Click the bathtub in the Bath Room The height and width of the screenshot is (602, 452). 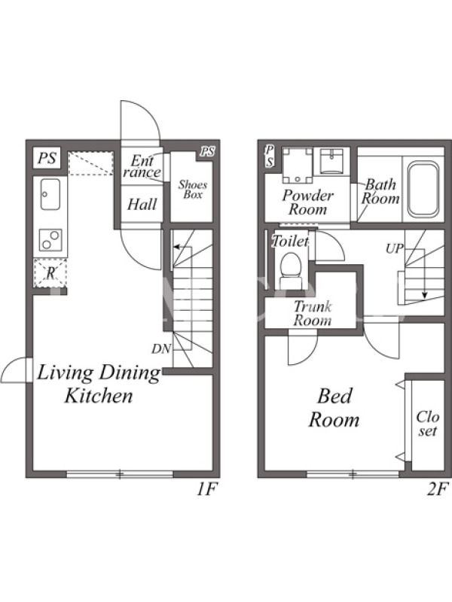(x=423, y=190)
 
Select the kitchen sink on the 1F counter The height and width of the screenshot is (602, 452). (x=50, y=194)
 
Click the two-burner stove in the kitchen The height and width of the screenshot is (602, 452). (x=50, y=240)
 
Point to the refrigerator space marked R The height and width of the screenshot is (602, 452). (x=50, y=273)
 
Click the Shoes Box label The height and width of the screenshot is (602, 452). (x=193, y=190)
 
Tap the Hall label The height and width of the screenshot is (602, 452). (x=142, y=204)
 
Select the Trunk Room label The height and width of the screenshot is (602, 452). (x=313, y=313)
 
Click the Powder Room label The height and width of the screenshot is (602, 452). (x=308, y=202)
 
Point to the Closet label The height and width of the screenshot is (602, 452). (x=427, y=424)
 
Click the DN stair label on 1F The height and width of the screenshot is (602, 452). (x=161, y=349)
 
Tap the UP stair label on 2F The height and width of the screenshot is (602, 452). (x=395, y=249)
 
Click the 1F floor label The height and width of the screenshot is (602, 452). (x=208, y=489)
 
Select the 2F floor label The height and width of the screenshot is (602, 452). (x=438, y=489)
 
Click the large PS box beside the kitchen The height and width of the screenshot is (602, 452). (x=47, y=158)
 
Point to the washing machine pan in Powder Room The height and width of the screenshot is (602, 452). (x=298, y=165)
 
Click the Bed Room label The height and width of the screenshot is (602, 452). (x=334, y=408)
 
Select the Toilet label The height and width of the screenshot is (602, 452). (x=290, y=241)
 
